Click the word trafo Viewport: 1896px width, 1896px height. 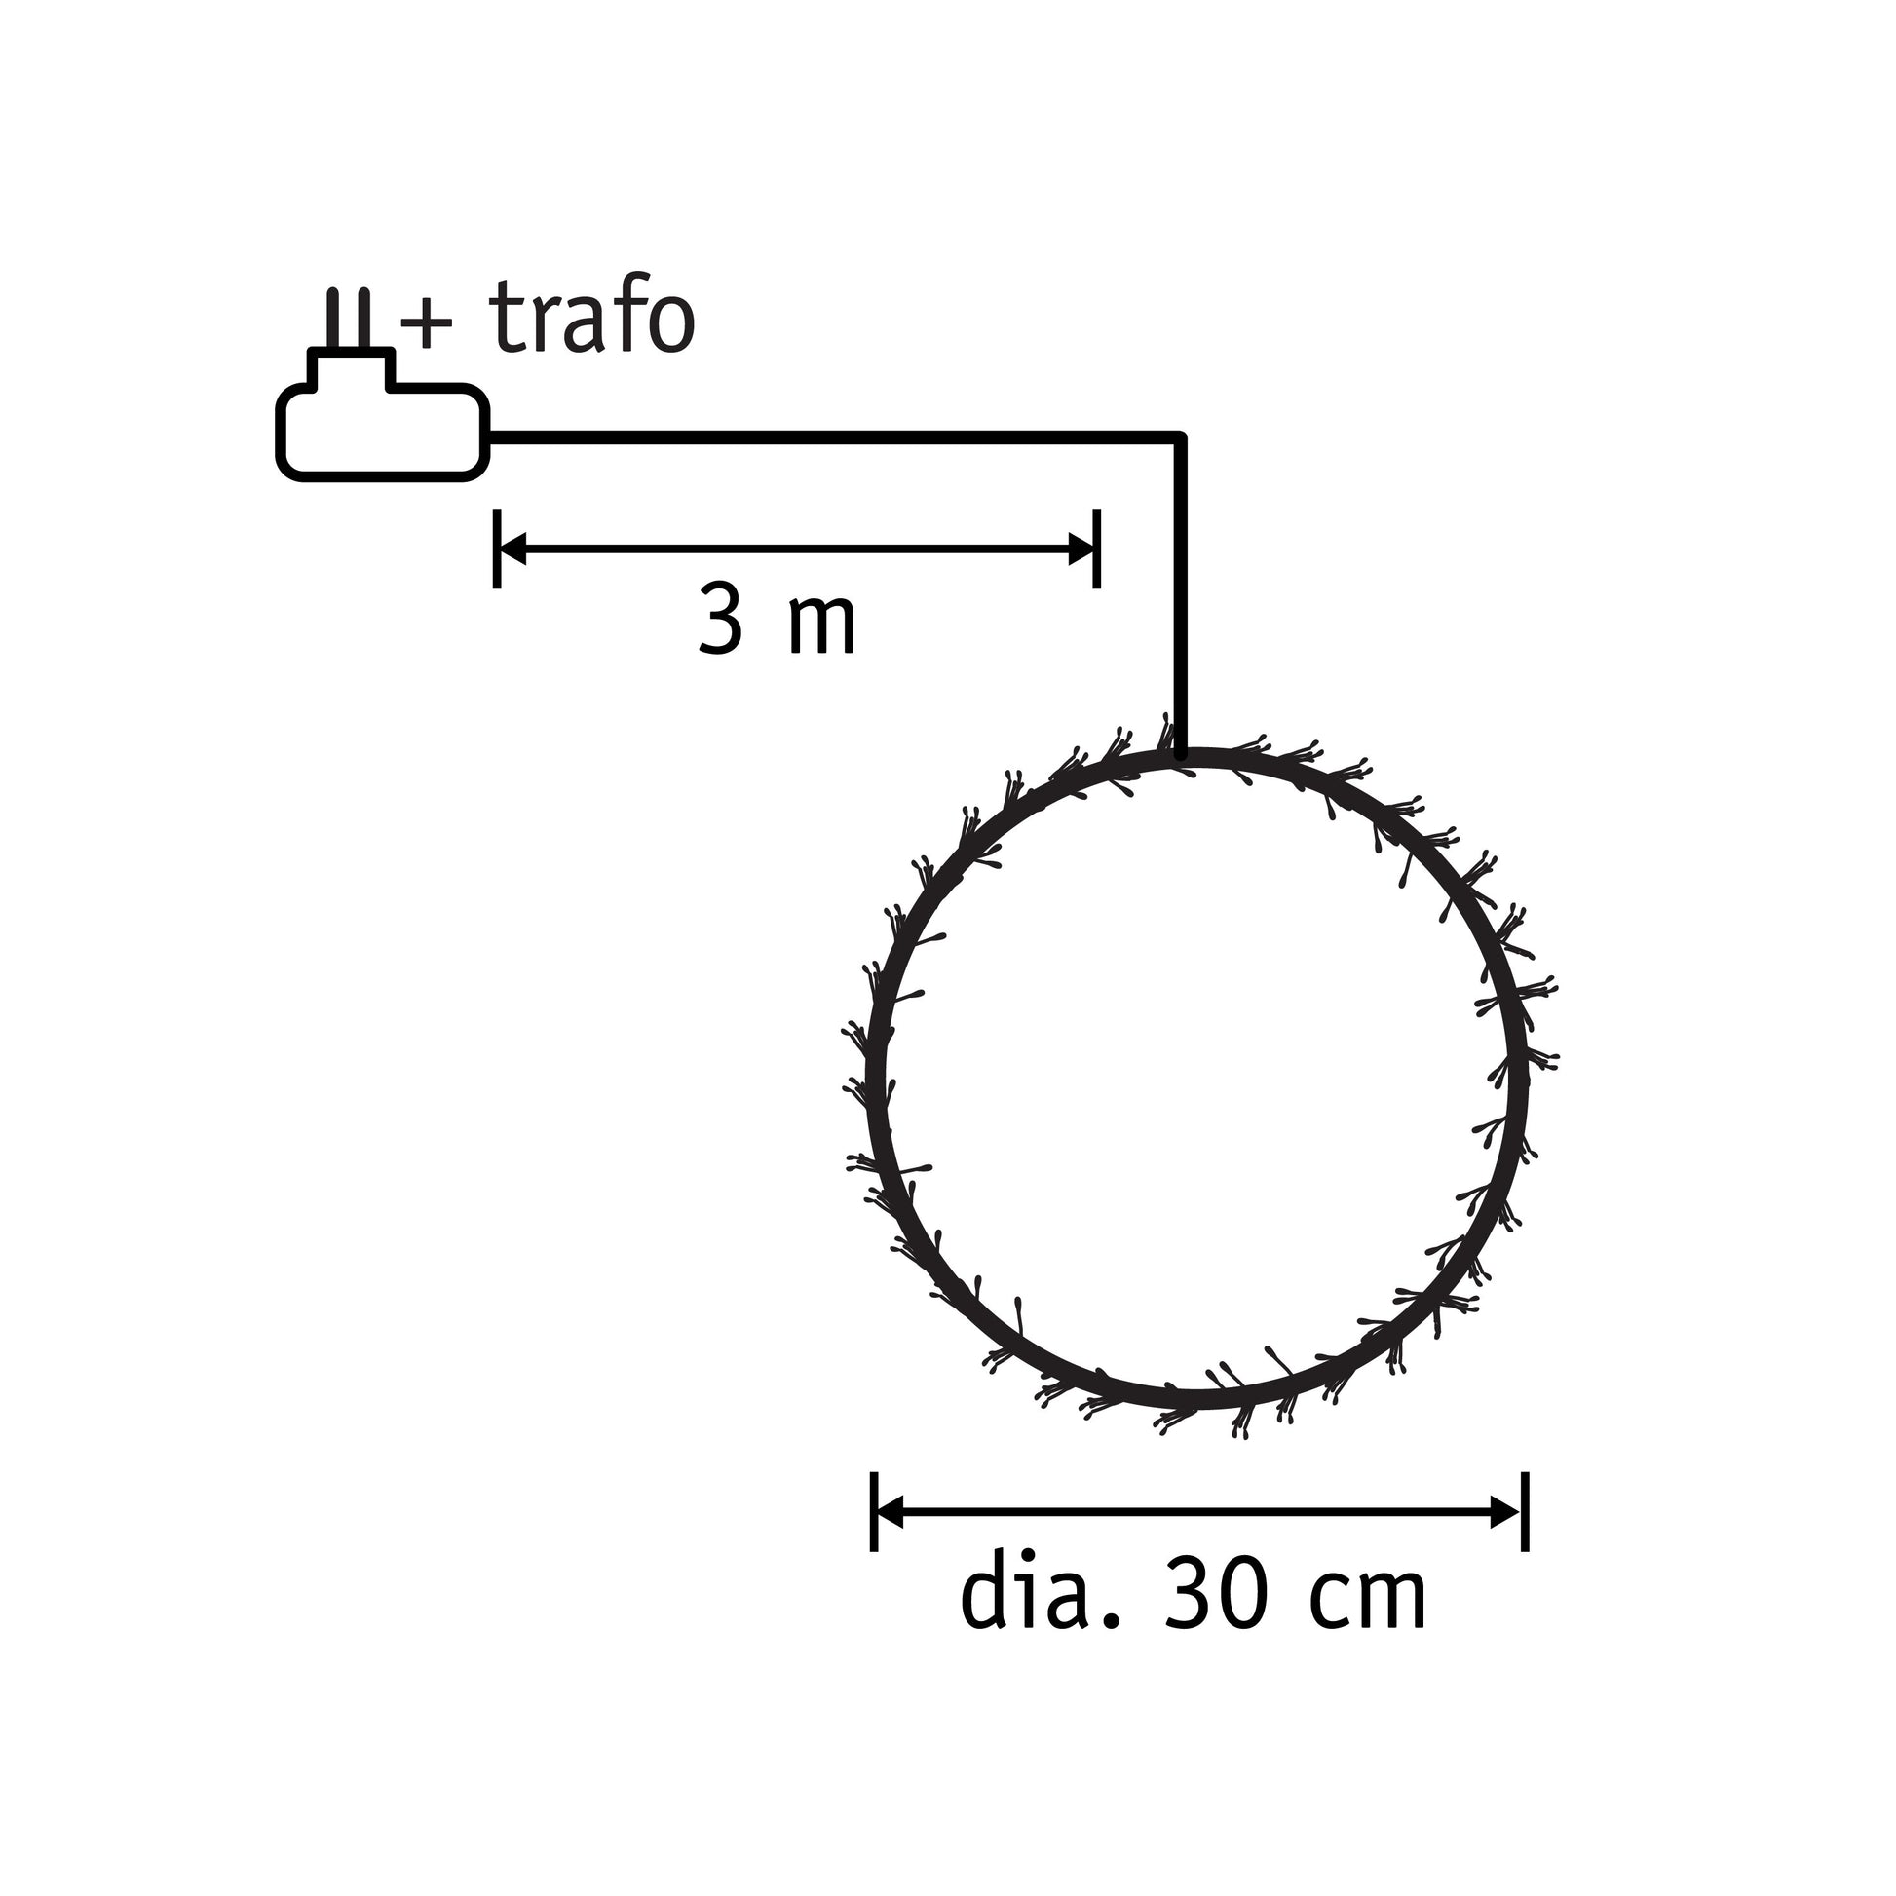[x=591, y=316]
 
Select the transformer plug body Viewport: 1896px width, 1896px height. [x=383, y=432]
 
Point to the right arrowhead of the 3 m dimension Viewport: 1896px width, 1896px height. [x=1081, y=550]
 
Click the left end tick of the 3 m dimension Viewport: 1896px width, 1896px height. [x=498, y=549]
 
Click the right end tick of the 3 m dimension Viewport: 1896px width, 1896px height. [x=1097, y=549]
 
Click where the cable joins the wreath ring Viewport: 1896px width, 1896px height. [x=1181, y=754]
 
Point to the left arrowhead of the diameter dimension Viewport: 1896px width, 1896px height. [x=889, y=1512]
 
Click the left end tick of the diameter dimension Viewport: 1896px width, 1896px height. [x=873, y=1511]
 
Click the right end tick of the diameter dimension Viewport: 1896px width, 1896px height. [x=1525, y=1511]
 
